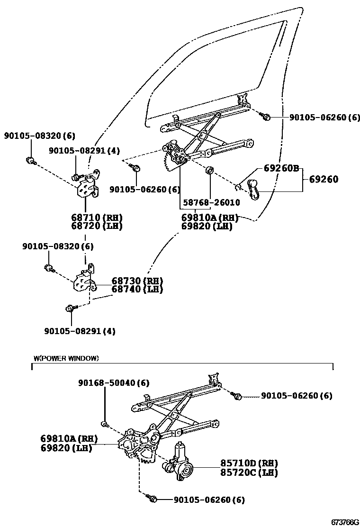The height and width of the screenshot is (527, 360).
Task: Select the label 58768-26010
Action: tap(212, 202)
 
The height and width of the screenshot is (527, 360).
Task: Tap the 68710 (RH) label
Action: tap(97, 218)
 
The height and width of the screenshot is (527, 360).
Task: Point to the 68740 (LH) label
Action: tap(137, 289)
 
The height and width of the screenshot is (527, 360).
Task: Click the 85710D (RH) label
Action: tap(249, 463)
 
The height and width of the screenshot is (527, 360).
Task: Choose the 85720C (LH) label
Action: tap(249, 472)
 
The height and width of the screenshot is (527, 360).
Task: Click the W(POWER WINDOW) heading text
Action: tap(66, 358)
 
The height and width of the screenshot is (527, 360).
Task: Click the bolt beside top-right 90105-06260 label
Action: tap(266, 116)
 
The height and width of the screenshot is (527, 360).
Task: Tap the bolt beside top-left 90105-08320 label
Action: tap(30, 160)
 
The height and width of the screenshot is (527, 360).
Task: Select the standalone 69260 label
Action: tap(324, 180)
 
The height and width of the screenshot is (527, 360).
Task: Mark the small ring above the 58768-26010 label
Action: tap(209, 170)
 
